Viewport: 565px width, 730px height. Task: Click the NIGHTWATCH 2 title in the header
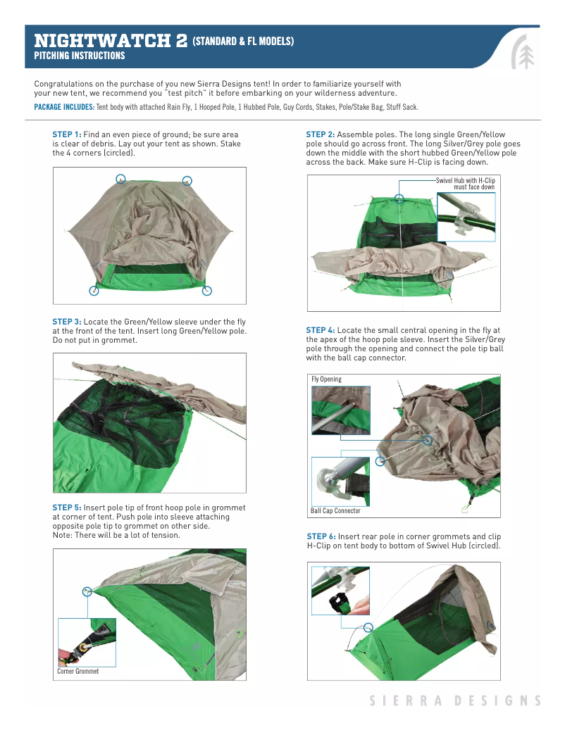111,40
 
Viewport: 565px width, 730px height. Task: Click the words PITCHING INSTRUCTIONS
80,56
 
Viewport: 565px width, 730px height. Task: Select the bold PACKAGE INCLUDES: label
64,107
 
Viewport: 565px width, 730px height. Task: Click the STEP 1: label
67,134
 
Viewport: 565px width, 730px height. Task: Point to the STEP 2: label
320,134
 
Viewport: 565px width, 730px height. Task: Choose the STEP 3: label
67,322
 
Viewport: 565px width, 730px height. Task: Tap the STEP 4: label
320,330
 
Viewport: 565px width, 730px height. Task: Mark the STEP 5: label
67,508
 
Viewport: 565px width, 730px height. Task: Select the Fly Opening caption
326,379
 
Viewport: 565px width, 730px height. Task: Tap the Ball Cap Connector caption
335,510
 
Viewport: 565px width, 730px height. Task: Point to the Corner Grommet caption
77,672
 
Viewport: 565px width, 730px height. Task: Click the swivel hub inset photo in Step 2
466,217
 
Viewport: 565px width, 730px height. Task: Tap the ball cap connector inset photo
340,481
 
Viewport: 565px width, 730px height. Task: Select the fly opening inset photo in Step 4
340,410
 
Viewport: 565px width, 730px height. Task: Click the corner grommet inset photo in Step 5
86,643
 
